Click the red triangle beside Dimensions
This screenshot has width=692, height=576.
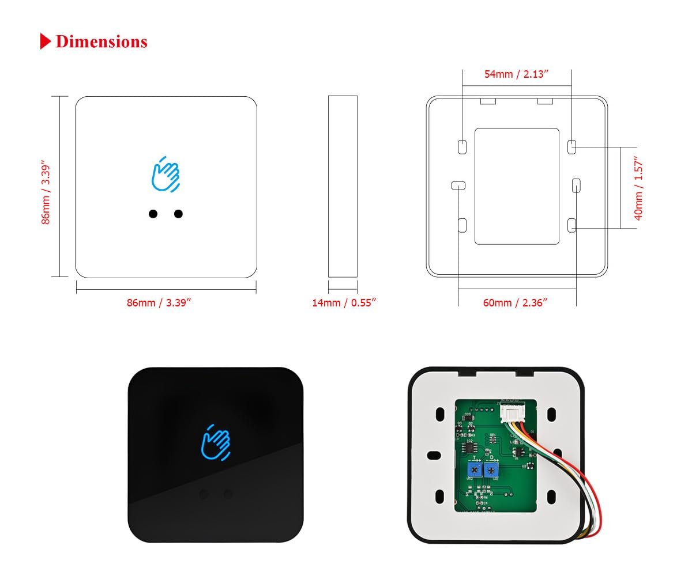click(x=46, y=41)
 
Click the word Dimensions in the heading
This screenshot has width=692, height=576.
click(x=101, y=41)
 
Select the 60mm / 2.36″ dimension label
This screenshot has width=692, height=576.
click(x=514, y=302)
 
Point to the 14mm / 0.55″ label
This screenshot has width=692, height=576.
click(x=344, y=302)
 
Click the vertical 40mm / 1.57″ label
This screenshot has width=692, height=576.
click(x=638, y=188)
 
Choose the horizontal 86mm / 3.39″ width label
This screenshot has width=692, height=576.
click(x=159, y=302)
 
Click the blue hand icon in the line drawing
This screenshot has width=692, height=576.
click(x=166, y=173)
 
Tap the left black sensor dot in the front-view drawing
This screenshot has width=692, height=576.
click(x=153, y=214)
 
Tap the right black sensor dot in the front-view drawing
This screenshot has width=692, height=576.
click(x=178, y=214)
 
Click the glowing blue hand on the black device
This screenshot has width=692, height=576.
click(x=215, y=442)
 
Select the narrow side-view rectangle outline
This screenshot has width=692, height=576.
click(x=343, y=187)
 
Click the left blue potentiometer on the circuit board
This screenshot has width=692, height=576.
click(x=474, y=469)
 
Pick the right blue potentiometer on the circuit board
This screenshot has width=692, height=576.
click(x=491, y=471)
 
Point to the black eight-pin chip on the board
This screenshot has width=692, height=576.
click(x=471, y=447)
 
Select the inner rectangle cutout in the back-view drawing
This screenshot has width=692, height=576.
click(x=517, y=186)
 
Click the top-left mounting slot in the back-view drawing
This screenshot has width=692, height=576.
click(x=462, y=146)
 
